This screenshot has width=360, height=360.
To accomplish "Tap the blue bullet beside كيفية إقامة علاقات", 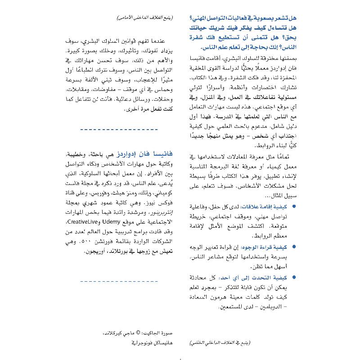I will point(294,207).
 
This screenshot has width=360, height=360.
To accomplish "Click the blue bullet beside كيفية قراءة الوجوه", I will point(294,247).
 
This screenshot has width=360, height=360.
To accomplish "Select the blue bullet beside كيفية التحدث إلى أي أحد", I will point(294,278).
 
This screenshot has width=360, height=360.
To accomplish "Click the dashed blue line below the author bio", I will point(119,282).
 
